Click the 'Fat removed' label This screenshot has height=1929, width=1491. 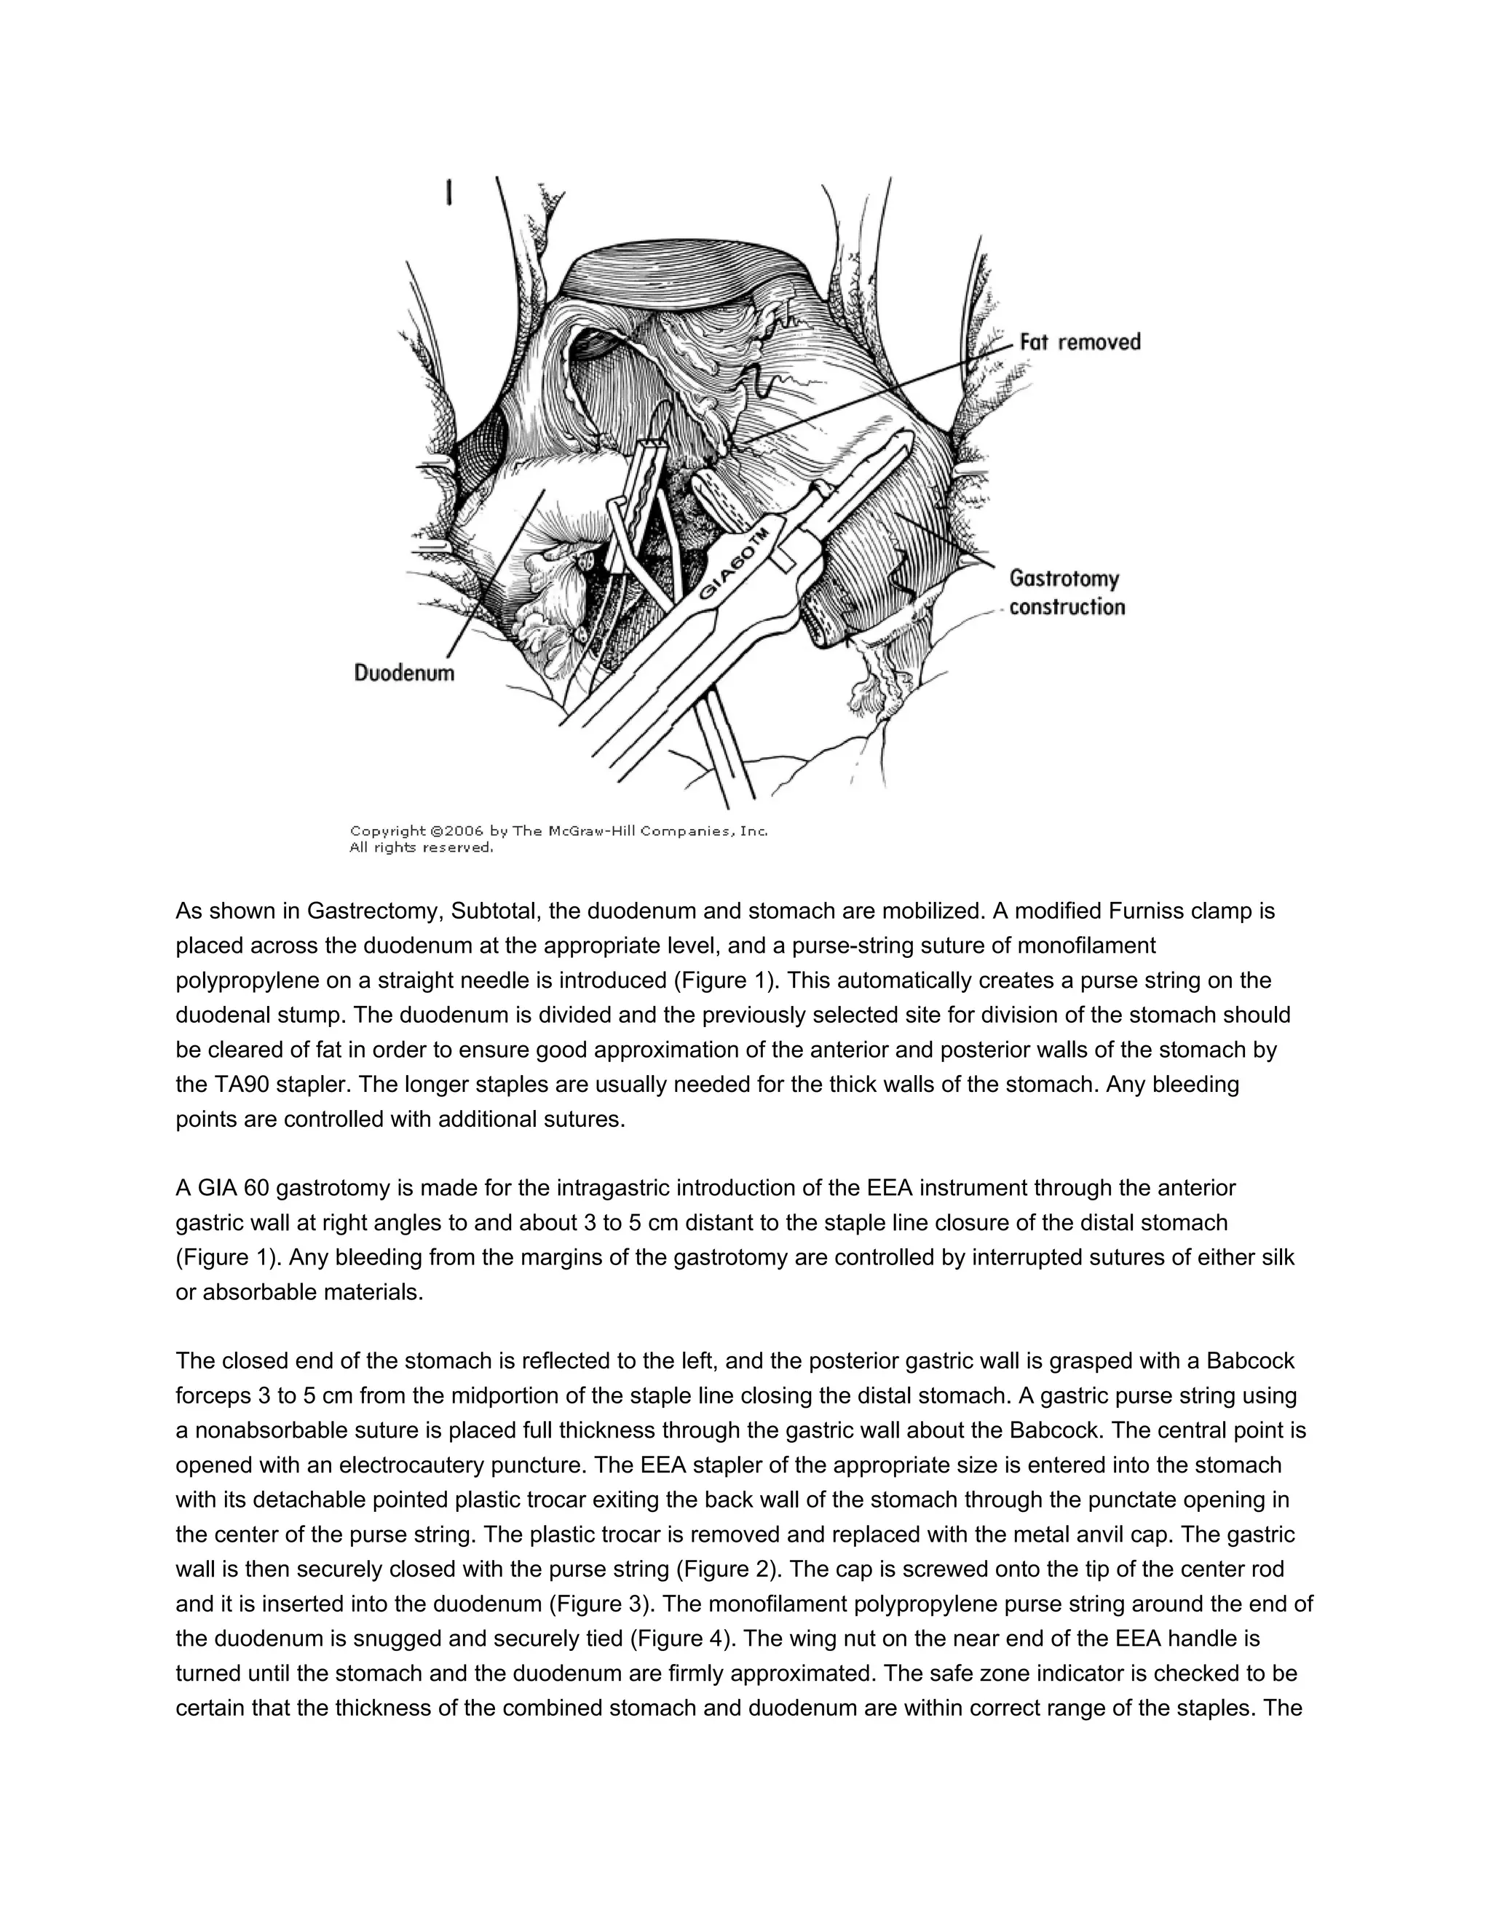[1080, 343]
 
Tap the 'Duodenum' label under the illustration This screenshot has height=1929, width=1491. [405, 673]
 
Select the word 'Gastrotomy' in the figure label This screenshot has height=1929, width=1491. [1064, 579]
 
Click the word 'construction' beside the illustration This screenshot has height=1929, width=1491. [1067, 607]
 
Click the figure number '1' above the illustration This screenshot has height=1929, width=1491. [450, 193]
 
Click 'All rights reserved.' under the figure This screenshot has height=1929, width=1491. [422, 848]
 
